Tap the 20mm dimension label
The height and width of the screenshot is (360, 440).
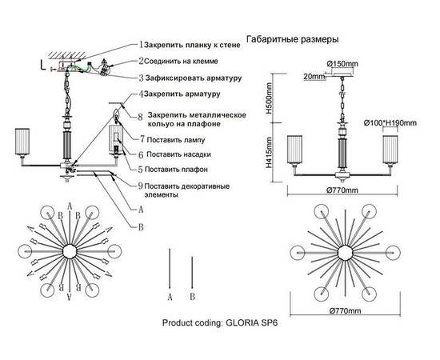pyautogui.click(x=314, y=77)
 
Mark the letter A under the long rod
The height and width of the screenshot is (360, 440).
pyautogui.click(x=170, y=295)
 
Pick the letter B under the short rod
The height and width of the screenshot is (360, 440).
pyautogui.click(x=192, y=295)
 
